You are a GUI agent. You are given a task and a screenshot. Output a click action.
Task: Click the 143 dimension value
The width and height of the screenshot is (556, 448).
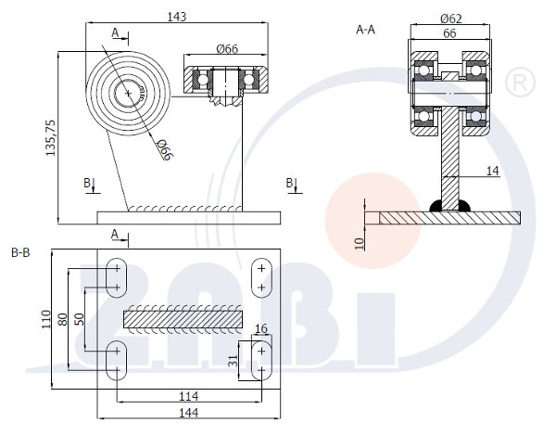177,17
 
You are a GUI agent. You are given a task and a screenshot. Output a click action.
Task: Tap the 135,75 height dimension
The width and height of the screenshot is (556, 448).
51,137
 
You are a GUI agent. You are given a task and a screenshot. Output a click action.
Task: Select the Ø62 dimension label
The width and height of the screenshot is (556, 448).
451,19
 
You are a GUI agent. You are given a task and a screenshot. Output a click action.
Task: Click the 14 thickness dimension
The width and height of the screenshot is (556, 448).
492,171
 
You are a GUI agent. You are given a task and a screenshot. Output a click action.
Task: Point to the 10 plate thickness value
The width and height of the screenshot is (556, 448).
360,244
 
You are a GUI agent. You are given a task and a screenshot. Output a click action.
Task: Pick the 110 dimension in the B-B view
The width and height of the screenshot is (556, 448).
46,319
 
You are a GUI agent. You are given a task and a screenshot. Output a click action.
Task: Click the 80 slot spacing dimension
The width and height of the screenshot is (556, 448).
62,319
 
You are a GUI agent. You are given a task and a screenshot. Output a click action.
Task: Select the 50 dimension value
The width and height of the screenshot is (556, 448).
80,319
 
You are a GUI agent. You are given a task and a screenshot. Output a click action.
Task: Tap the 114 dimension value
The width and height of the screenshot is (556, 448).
189,396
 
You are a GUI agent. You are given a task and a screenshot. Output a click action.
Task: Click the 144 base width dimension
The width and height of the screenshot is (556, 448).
189,413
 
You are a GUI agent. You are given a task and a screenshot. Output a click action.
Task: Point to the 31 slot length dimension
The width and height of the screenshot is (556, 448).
233,361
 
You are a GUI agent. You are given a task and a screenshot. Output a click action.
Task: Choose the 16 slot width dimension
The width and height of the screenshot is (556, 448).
261,328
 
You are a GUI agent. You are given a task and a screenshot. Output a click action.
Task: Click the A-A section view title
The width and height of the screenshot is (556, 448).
365,30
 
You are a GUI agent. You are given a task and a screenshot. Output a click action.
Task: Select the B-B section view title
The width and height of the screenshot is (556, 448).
20,253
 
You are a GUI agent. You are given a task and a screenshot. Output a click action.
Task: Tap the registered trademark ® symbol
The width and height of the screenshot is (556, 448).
520,83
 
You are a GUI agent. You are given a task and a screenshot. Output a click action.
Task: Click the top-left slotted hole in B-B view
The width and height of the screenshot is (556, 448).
117,277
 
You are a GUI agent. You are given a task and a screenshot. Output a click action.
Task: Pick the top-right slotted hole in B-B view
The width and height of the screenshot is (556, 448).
261,277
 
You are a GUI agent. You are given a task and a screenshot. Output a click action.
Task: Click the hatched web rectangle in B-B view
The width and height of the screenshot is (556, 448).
183,319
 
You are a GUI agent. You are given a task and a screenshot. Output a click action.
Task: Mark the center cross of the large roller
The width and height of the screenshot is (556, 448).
128,93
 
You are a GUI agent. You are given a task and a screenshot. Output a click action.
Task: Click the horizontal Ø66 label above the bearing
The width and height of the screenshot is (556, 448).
227,49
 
